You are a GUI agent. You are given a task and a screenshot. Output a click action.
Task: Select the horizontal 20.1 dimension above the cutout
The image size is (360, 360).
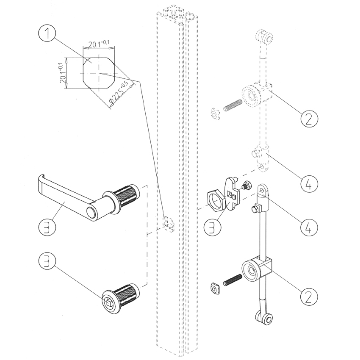tap(98, 44)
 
